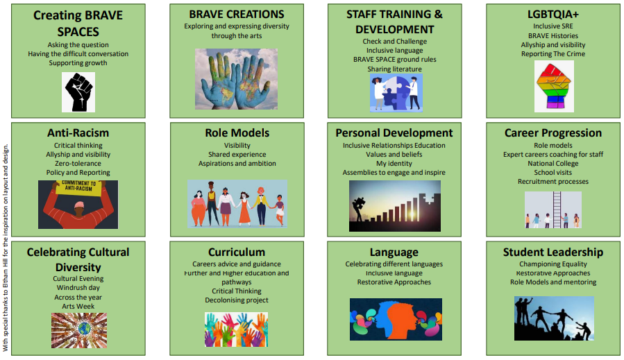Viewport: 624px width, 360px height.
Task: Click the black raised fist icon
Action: point(78,92)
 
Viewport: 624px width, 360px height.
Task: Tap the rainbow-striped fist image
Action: point(554,86)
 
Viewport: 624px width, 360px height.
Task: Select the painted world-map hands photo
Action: point(237,79)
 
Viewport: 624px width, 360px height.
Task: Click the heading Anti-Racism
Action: point(78,133)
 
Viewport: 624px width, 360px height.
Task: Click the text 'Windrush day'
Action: point(78,288)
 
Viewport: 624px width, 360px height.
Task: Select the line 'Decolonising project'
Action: point(237,300)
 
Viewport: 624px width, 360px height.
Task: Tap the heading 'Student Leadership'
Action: point(553,252)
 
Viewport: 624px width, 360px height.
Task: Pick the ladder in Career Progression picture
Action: point(557,209)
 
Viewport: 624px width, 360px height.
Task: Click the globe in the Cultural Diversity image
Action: point(85,329)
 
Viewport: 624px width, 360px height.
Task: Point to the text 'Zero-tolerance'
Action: point(78,164)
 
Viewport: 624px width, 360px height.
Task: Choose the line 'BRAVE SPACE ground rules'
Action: point(395,59)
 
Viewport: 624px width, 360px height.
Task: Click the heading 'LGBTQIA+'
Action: point(553,15)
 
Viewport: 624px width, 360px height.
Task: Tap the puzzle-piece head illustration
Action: point(396,93)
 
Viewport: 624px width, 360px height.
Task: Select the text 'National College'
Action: point(553,164)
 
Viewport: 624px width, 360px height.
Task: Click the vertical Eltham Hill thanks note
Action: point(6,248)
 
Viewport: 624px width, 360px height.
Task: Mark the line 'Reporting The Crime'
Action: point(553,53)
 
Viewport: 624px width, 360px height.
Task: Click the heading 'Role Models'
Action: point(237,133)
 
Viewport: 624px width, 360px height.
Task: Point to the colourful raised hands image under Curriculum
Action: point(237,329)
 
